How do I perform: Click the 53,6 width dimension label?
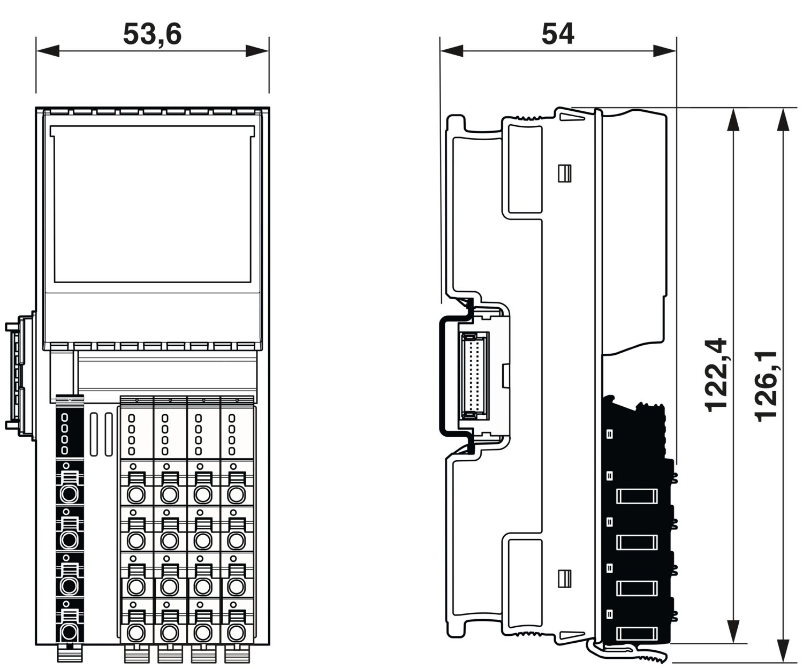tap(152, 34)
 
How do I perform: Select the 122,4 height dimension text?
tap(716, 375)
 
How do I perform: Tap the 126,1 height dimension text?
tap(766, 386)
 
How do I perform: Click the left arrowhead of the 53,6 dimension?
tap(48, 51)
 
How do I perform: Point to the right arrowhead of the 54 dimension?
tap(664, 51)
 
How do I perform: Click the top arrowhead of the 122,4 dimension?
tap(733, 119)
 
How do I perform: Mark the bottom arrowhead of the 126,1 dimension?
tap(783, 651)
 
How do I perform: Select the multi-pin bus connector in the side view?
tap(474, 376)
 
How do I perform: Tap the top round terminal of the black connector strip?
tap(69, 495)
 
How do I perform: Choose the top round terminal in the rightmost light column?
tap(236, 495)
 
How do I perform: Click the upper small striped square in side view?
tap(565, 173)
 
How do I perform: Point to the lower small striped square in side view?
tap(565, 579)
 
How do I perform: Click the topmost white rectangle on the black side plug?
tap(637, 496)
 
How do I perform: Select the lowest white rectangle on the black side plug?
tap(637, 634)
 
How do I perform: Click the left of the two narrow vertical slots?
tap(94, 435)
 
